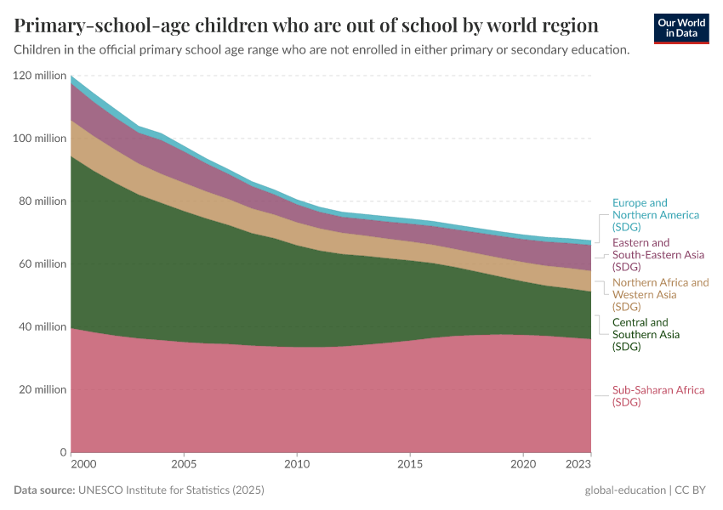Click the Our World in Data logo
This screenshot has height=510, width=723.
[x=681, y=28]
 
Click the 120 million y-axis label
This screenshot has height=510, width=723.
[x=39, y=76]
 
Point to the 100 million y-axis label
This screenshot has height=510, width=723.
[x=39, y=139]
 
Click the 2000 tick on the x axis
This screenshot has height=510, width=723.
[x=83, y=465]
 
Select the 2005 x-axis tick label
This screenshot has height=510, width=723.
[x=185, y=465]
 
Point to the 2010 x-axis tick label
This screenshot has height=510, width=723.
[x=297, y=465]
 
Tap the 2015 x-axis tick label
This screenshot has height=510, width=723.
[x=410, y=465]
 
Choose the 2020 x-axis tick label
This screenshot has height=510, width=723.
[x=523, y=465]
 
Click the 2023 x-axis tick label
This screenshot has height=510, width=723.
[x=578, y=465]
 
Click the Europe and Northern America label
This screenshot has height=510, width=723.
[x=656, y=215]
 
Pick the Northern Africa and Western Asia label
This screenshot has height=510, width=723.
[x=660, y=294]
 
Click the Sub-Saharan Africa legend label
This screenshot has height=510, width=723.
[x=658, y=396]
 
